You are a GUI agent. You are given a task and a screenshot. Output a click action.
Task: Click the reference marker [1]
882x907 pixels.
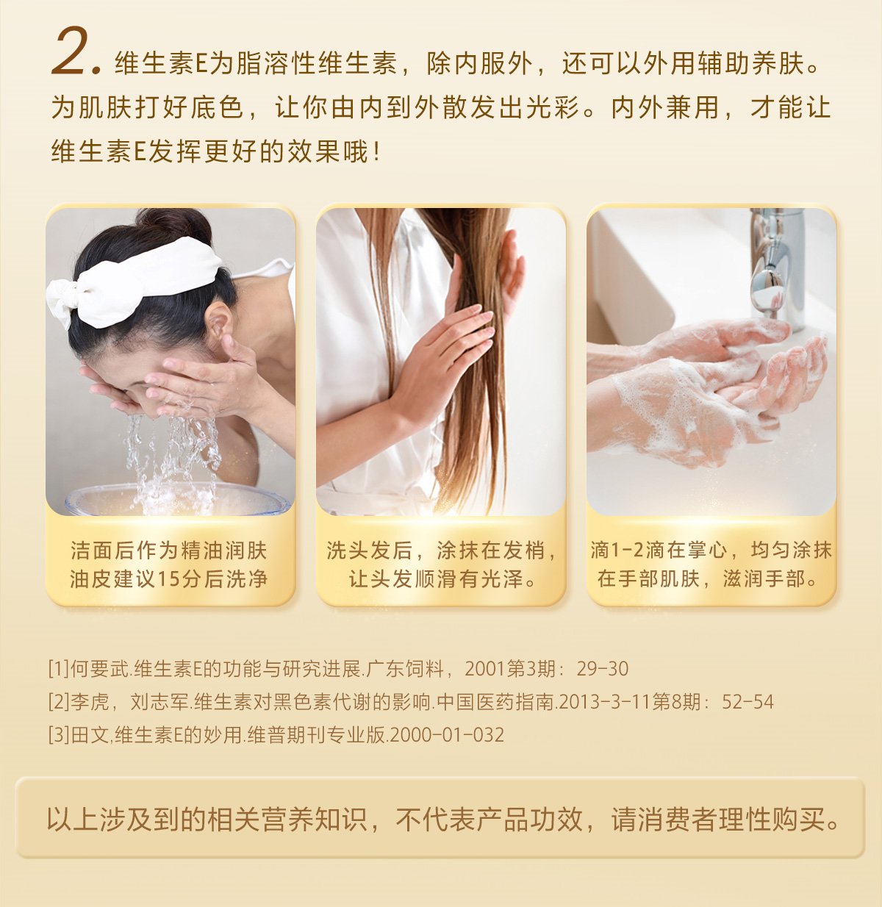pos(59,669)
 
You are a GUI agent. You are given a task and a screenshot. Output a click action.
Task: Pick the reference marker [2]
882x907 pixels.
pos(59,701)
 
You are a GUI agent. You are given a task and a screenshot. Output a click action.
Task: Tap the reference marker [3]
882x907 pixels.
pos(59,734)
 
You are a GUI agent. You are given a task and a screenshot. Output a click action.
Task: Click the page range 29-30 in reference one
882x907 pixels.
pos(602,669)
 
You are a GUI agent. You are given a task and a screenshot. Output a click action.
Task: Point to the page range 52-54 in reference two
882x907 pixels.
pos(747,701)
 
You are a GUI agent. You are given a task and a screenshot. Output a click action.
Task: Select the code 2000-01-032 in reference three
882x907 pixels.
pos(447,734)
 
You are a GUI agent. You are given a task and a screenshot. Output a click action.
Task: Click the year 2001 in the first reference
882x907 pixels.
pos(485,669)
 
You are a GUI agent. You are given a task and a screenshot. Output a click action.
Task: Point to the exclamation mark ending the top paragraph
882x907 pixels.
pos(376,151)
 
